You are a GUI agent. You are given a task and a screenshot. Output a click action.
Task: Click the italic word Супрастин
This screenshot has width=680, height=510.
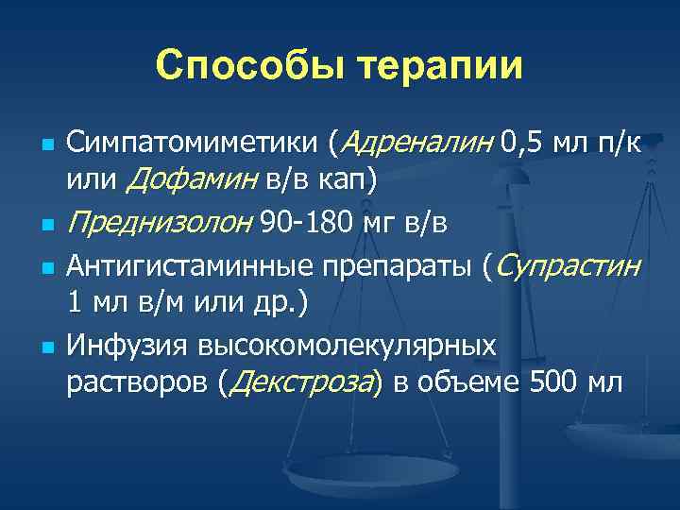point(567,268)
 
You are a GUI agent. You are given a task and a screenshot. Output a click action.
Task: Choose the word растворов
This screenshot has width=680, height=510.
point(137,382)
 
